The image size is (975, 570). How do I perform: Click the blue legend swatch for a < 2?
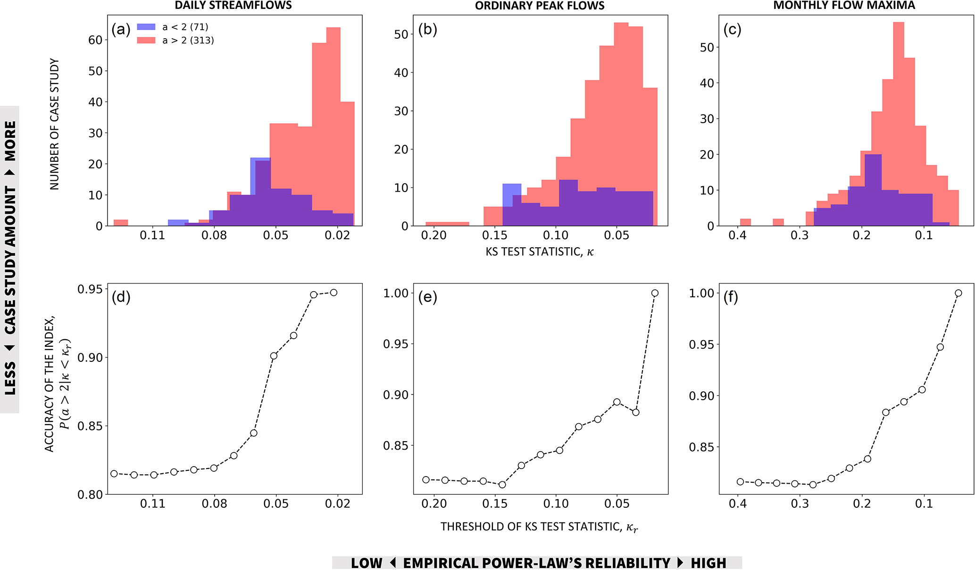pyautogui.click(x=146, y=27)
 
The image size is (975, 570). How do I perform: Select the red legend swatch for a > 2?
pyautogui.click(x=146, y=41)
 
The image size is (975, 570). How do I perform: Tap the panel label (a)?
pyautogui.click(x=121, y=30)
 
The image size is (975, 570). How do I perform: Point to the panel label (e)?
pyautogui.click(x=427, y=297)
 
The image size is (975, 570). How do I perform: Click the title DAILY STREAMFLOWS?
pyautogui.click(x=233, y=6)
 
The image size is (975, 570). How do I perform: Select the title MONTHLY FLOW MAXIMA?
pyautogui.click(x=844, y=6)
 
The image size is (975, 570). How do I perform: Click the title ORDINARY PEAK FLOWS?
pyautogui.click(x=540, y=6)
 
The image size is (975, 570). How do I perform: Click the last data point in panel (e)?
pyautogui.click(x=655, y=293)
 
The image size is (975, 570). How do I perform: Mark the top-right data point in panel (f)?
pyautogui.click(x=958, y=293)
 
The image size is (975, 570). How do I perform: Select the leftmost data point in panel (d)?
pyautogui.click(x=114, y=473)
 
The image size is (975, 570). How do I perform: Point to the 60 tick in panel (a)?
pyautogui.click(x=95, y=40)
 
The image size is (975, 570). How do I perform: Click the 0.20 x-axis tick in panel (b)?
pyautogui.click(x=433, y=235)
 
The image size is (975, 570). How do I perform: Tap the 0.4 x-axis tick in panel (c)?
pyautogui.click(x=737, y=235)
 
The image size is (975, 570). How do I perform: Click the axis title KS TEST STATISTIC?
pyautogui.click(x=539, y=252)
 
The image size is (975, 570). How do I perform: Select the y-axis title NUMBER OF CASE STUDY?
pyautogui.click(x=55, y=125)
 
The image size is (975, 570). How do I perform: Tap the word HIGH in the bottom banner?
pyautogui.click(x=708, y=563)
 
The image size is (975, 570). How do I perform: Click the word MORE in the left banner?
pyautogui.click(x=10, y=141)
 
